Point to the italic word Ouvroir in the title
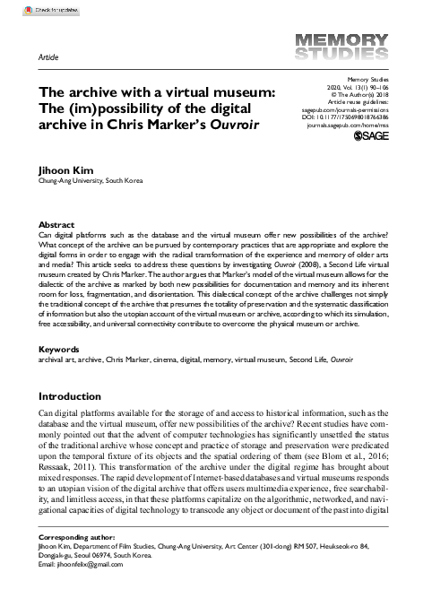point(233,124)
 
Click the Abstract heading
point(56,225)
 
